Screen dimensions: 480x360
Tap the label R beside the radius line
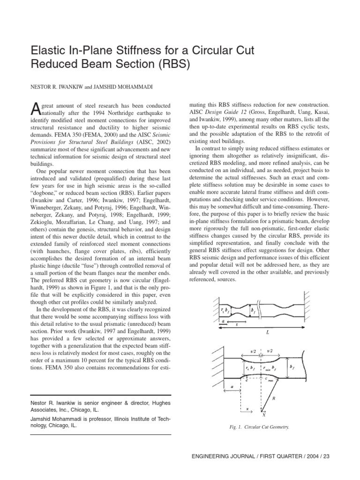274,398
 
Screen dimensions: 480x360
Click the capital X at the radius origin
264,415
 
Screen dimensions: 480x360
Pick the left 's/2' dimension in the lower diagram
253,350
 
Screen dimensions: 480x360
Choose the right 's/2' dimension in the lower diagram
270,350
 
